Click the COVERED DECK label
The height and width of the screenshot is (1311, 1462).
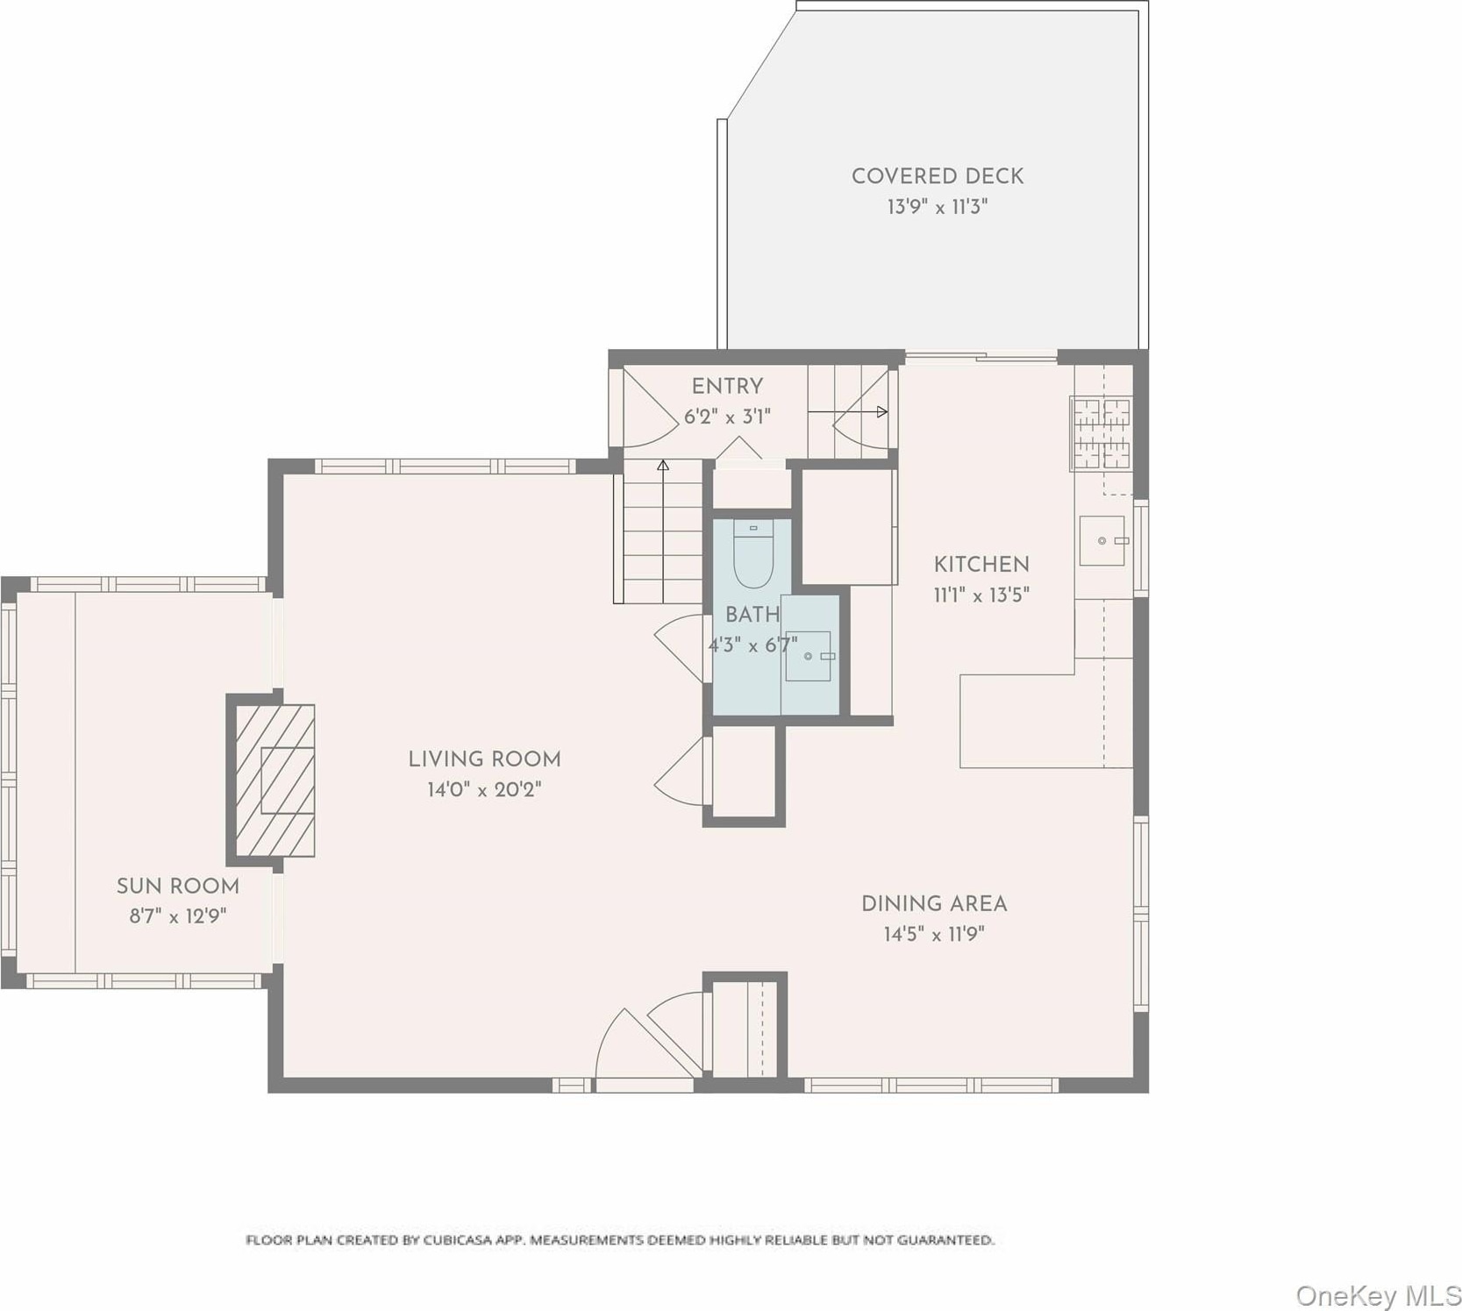(938, 175)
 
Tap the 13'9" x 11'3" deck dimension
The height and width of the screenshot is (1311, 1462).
(938, 207)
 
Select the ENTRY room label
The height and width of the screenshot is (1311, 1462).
(727, 386)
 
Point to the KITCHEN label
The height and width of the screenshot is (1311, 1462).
(981, 564)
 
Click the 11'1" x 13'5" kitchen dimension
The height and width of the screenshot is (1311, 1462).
(981, 595)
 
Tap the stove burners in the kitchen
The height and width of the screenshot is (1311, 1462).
(1102, 433)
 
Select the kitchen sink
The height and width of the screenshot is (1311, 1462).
(1102, 540)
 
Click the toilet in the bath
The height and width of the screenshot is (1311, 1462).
(752, 554)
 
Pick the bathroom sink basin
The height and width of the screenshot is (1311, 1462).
(808, 656)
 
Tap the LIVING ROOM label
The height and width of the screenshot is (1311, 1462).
(484, 759)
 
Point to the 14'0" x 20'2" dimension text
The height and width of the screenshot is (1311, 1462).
(484, 789)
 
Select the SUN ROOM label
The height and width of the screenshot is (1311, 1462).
(178, 886)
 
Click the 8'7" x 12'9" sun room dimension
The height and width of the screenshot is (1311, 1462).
(178, 916)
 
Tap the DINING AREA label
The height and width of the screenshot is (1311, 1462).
(934, 903)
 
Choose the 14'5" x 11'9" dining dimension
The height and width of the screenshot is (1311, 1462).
(934, 934)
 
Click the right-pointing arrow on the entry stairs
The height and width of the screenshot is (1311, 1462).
(847, 411)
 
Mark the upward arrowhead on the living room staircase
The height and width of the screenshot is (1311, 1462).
(663, 465)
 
